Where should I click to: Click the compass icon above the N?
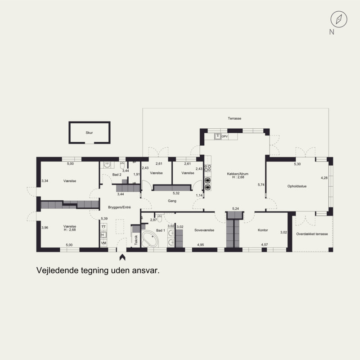point(339,19)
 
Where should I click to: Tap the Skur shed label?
point(89,132)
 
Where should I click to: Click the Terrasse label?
point(234,118)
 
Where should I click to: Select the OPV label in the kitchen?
point(225,136)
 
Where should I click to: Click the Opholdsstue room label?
point(297,186)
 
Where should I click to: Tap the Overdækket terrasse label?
point(312,234)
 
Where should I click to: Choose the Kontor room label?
point(263,230)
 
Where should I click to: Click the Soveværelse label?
point(204,230)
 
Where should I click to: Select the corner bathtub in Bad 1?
point(149,239)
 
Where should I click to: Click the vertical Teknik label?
point(136,240)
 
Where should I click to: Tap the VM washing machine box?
point(103,243)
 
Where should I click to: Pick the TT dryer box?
point(103,227)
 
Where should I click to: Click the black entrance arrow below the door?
point(122,257)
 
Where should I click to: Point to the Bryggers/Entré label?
point(119,207)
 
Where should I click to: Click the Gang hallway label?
point(172,201)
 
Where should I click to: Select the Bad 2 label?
point(117,175)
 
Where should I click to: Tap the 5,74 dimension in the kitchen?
point(261,184)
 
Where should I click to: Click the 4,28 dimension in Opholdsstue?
point(324,178)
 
